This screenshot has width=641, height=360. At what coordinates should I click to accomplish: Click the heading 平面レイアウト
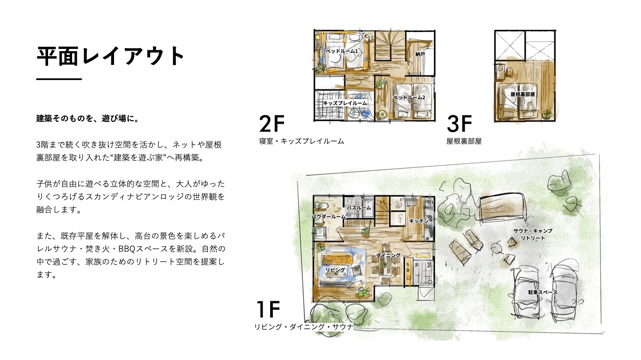coord(110,56)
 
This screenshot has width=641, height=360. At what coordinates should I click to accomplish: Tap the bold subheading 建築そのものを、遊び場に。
coord(88,118)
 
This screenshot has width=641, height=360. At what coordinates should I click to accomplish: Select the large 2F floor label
coord(272,124)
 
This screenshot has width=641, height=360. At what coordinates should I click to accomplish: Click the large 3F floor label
coord(459,124)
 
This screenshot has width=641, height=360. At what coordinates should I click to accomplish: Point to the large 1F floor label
coord(268,309)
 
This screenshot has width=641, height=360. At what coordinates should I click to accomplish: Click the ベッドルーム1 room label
coord(342,51)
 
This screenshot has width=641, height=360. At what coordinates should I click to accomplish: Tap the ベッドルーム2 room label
coord(409,97)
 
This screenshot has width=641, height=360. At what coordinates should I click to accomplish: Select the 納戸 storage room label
coord(420,54)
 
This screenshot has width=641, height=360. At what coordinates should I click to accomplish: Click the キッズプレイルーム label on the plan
coord(345,103)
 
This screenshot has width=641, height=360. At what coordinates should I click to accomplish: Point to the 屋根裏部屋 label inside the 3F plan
coord(523,94)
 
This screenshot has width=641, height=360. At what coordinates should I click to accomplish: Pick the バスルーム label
coord(359,208)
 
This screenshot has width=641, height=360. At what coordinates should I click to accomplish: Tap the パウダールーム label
coord(329,217)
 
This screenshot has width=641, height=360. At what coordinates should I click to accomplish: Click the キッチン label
coord(418,221)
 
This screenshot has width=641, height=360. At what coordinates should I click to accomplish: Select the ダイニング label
coord(388,255)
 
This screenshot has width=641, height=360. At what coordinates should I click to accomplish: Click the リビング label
coord(335,270)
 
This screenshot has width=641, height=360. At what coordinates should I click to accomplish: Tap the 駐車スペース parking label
coord(543,292)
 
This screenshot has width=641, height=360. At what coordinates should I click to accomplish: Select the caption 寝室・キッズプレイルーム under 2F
coord(302,141)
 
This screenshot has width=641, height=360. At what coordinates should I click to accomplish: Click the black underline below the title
coord(59,79)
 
